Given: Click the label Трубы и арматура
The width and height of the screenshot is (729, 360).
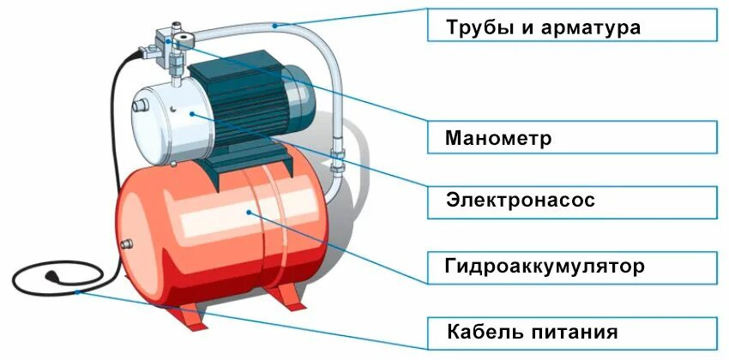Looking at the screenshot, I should (572, 27).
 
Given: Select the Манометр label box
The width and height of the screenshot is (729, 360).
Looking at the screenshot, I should (572, 137).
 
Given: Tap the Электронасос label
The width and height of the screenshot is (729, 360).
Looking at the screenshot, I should (572, 201).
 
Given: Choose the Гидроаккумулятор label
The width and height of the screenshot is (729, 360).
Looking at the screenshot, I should (572, 267).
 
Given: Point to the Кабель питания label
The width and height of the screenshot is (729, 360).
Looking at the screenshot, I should (572, 332).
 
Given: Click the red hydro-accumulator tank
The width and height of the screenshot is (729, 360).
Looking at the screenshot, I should (223, 231).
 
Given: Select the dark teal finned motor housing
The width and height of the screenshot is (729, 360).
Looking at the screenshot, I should (244, 111).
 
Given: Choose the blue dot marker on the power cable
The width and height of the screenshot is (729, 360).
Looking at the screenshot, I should (79, 291).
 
